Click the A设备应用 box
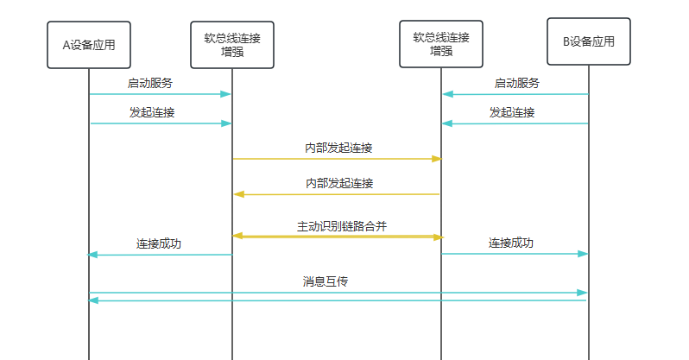(89, 45)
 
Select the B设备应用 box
(589, 41)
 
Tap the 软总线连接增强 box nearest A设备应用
(232, 44)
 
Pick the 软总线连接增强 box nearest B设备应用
(440, 44)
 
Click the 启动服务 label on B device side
(517, 83)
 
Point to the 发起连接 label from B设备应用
(512, 112)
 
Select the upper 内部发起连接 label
(338, 148)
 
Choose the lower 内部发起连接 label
(338, 183)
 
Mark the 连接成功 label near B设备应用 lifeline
(511, 243)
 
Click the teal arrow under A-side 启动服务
(160, 94)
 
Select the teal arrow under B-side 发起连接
(515, 123)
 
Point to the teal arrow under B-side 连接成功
(515, 254)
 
